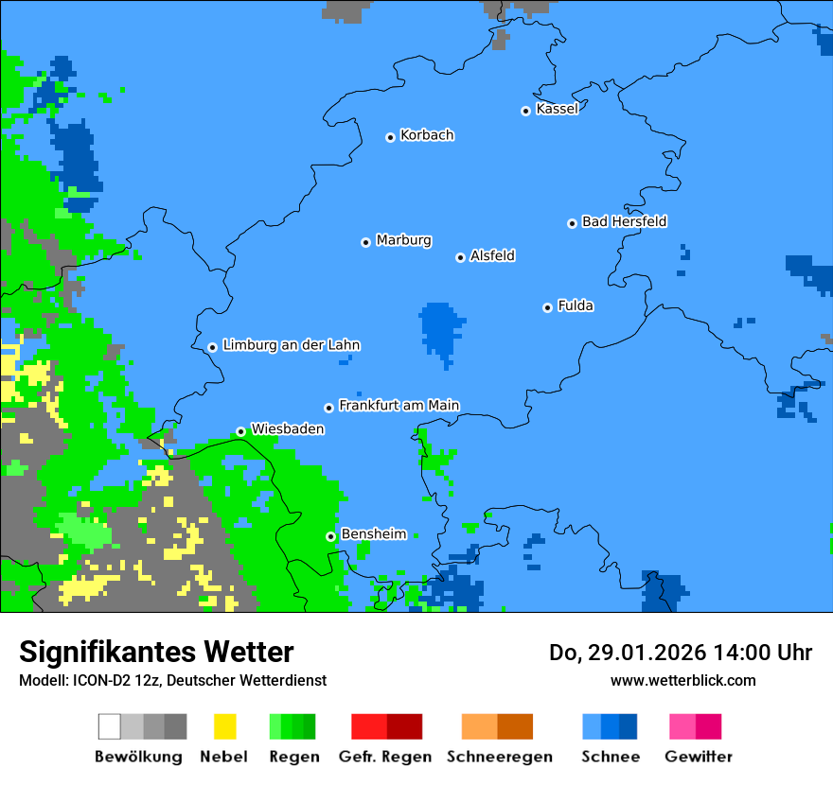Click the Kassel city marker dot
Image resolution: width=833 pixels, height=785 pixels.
point(525,111)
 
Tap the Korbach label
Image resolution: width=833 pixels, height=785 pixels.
point(427,135)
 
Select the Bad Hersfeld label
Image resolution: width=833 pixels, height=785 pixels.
point(624,221)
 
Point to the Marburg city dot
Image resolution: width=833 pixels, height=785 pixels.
point(365,242)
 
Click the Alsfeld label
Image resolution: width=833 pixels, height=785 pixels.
point(492,255)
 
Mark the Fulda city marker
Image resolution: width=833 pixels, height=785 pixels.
point(547,307)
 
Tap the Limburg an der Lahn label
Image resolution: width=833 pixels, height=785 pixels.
point(291,345)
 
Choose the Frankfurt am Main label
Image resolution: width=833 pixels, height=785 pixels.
point(399,406)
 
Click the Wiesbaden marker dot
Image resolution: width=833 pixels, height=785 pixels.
point(240,431)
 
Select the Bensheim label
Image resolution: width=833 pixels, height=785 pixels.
point(373,534)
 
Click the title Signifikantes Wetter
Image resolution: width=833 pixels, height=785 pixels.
point(156,652)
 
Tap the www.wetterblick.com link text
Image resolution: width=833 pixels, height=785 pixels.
point(682,680)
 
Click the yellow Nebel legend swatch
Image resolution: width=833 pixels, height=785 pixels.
point(224,726)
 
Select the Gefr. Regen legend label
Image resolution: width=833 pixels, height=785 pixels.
point(385,757)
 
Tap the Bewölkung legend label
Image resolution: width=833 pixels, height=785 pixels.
point(138,757)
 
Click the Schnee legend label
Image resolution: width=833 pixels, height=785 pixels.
point(610,757)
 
